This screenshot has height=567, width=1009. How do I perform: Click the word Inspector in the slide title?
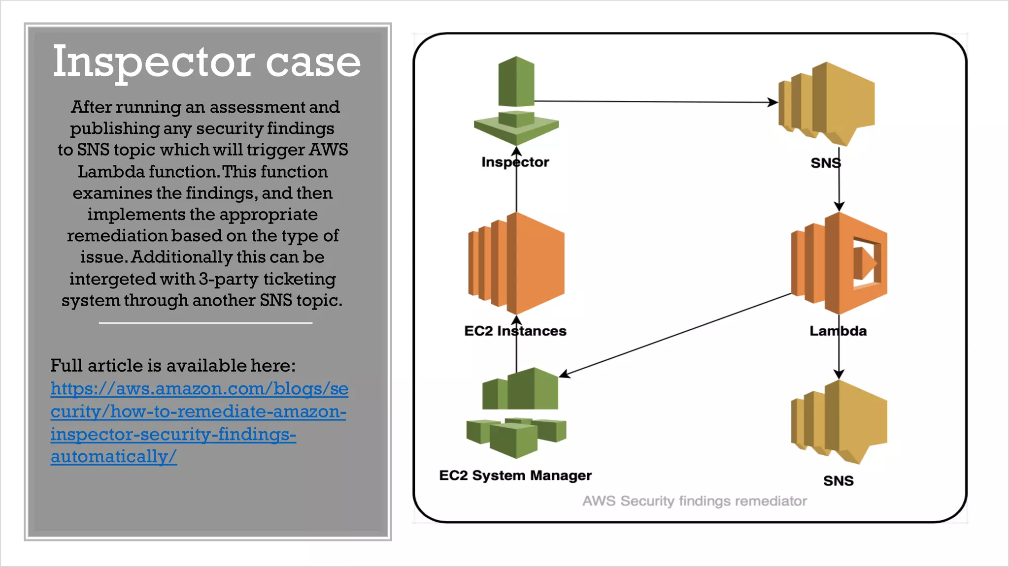point(153,62)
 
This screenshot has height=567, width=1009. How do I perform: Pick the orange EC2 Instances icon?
point(516,263)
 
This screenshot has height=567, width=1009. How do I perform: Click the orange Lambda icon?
point(839,263)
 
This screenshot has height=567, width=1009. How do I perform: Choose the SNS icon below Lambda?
point(839,422)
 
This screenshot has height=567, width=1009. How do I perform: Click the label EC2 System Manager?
point(515,475)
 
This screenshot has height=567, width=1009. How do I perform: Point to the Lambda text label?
point(838,331)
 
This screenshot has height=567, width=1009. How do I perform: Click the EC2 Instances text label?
point(515,331)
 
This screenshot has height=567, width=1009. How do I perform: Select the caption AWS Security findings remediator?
point(695,501)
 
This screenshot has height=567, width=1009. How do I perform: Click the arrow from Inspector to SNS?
point(655,101)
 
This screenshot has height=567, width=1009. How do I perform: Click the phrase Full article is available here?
point(173,366)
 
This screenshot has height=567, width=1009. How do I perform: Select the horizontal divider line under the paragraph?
point(205,323)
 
